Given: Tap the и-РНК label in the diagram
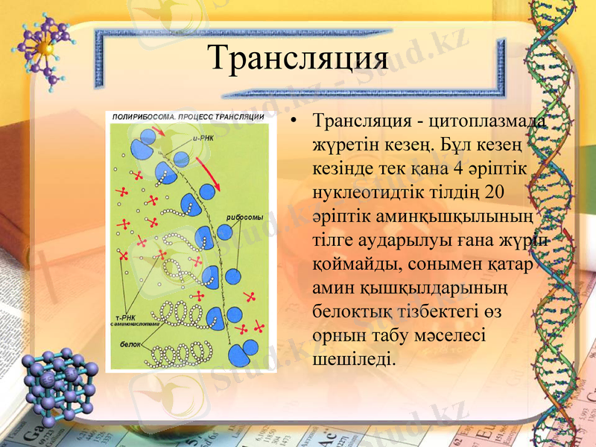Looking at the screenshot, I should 203,138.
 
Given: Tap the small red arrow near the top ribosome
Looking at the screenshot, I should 159,133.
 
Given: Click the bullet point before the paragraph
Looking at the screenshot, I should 297,121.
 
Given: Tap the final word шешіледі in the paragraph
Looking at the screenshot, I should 351,359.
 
